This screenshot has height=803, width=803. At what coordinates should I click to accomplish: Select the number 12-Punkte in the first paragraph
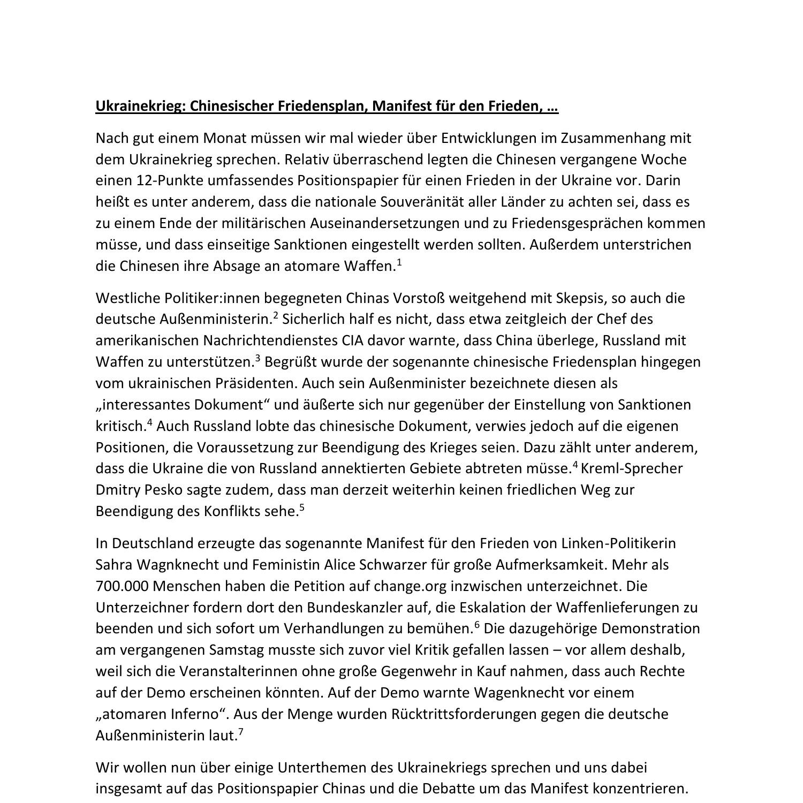point(170,180)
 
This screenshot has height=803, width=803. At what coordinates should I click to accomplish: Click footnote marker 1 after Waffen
point(399,262)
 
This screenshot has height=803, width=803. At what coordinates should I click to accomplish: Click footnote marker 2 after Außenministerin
point(276,315)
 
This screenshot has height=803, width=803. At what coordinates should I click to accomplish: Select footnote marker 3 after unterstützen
point(257,358)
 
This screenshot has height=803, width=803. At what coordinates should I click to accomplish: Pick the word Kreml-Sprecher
point(632,468)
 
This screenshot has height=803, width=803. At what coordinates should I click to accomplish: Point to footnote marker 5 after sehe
point(302,507)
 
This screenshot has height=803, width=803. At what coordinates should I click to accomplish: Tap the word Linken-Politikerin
point(618,543)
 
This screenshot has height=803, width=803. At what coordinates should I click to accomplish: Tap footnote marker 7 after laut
point(241,732)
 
